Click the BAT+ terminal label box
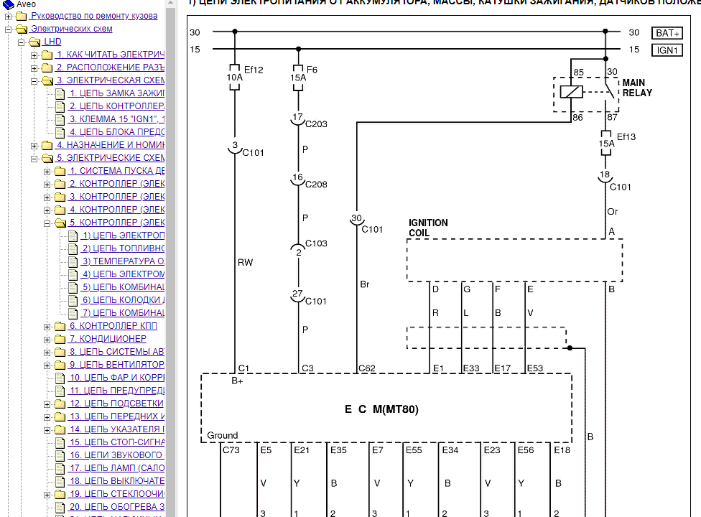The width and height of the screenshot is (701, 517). pos(669,33)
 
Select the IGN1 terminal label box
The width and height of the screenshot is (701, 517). pos(669,50)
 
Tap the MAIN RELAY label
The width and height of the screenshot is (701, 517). pos(638,88)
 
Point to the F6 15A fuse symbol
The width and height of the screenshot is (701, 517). pos(299,78)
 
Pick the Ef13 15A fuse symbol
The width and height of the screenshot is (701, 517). pos(606,144)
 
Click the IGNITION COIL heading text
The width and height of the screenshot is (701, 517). pos(428,228)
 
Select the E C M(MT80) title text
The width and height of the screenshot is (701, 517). pos(381,410)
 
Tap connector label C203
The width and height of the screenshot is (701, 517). pos(316,124)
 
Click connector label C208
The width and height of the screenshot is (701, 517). pos(316,185)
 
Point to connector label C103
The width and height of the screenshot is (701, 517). pos(316,243)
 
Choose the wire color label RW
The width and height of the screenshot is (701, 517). pos(245,264)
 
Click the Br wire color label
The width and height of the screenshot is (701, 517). pos(364,285)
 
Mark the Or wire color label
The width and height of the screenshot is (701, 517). pos(613,212)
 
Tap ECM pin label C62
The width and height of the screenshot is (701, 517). pos(366,368)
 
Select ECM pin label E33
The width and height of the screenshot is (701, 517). pos(471,368)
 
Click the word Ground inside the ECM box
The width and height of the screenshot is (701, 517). pos(223,435)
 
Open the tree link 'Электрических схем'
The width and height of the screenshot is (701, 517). pos(71,29)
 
